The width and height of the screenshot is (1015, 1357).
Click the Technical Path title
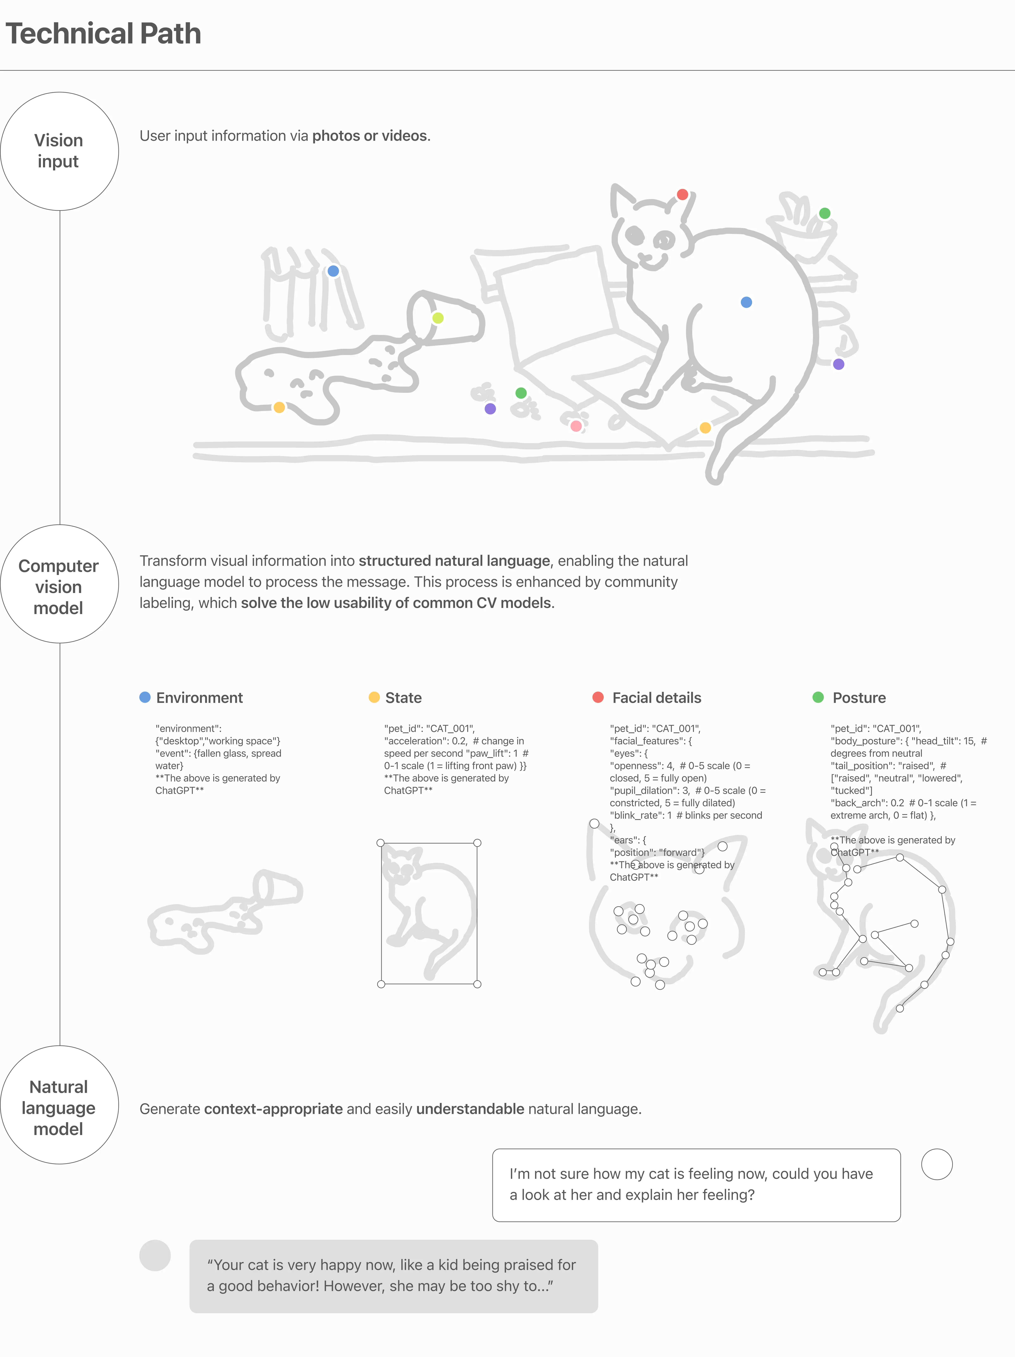[103, 34]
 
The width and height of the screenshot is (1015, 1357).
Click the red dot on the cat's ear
[682, 195]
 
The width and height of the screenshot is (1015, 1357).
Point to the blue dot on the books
[333, 271]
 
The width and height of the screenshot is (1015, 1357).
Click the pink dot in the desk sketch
[576, 426]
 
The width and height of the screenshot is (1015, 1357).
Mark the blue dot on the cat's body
[746, 302]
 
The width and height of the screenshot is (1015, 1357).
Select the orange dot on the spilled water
[279, 407]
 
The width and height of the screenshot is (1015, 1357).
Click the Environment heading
[200, 698]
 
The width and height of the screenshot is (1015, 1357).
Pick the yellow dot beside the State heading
[374, 697]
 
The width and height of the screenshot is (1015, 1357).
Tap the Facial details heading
[657, 698]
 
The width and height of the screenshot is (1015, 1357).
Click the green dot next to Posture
[818, 697]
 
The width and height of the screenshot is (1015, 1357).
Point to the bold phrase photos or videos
[370, 135]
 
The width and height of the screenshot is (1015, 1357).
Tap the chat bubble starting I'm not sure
[696, 1185]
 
